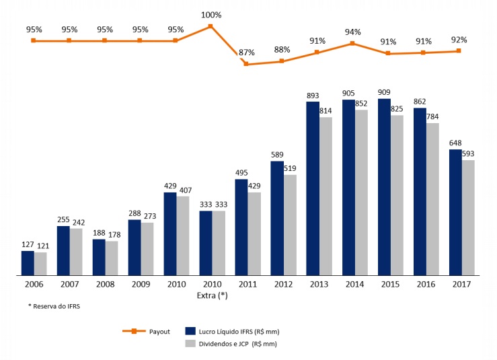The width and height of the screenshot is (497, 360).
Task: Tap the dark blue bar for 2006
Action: click(28, 263)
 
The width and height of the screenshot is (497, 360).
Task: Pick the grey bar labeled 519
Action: click(290, 225)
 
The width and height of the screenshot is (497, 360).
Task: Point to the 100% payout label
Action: click(211, 15)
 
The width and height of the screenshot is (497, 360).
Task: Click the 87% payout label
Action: click(247, 52)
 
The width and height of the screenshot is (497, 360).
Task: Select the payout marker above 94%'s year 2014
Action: click(353, 44)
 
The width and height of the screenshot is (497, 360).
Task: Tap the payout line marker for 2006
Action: click(34, 40)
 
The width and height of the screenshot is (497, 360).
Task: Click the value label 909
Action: click(384, 93)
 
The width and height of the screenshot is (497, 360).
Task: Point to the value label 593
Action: click(468, 154)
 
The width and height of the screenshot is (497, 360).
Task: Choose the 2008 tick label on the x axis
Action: click(104, 285)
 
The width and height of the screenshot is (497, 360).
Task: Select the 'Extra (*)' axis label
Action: click(211, 295)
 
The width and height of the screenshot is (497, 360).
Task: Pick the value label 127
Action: click(28, 245)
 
